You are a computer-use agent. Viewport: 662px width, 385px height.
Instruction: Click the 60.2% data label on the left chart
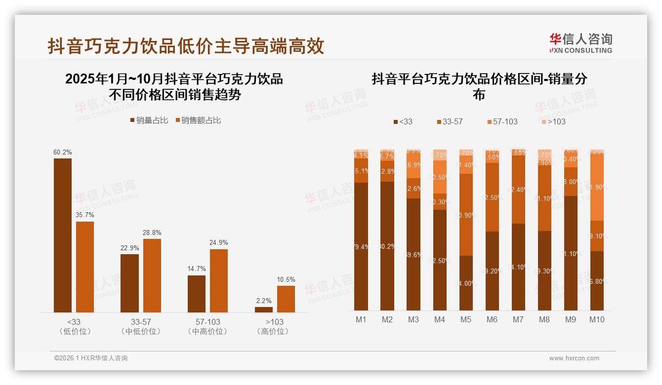[x=62, y=153]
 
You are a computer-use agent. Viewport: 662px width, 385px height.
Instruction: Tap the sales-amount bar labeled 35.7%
[x=84, y=267]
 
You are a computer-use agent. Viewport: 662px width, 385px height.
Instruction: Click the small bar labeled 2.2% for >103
[x=263, y=309]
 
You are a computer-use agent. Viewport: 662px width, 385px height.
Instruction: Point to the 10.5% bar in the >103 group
[x=286, y=299]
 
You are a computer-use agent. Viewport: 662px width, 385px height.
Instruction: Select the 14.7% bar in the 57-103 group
[x=196, y=294]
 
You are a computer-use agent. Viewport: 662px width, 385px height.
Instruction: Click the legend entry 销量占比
[x=149, y=120]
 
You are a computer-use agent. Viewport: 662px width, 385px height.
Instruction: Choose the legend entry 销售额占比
[x=197, y=120]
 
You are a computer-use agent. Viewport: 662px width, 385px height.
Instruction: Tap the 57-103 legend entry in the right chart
[x=502, y=121]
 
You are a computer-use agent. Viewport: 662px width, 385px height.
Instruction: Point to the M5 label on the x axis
[x=465, y=320]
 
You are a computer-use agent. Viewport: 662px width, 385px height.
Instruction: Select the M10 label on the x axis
[x=597, y=320]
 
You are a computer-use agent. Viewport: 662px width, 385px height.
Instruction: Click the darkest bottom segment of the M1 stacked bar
[x=361, y=246]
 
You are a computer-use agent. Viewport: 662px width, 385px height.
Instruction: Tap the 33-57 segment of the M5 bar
[x=466, y=215]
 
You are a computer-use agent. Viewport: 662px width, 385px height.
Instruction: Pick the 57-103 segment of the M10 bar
[x=597, y=188]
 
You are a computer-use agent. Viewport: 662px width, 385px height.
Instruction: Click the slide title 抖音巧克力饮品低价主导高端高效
[x=186, y=46]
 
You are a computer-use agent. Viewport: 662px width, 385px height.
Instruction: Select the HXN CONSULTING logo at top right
[x=580, y=43]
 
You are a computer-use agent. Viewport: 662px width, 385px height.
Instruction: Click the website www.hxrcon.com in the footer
[x=574, y=358]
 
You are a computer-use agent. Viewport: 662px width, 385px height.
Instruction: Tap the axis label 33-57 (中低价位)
[x=141, y=327]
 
